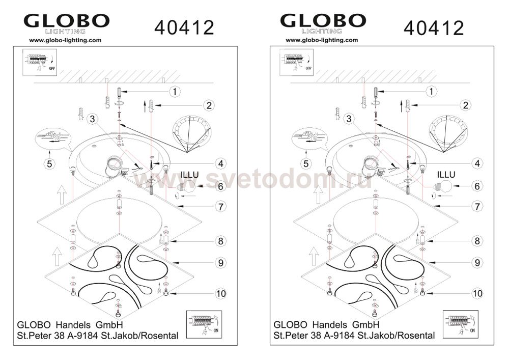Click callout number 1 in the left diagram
[175, 92]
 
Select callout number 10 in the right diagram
[477, 293]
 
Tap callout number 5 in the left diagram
[49, 163]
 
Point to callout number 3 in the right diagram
[349, 119]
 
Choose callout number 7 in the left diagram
[221, 206]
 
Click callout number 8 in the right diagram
[477, 241]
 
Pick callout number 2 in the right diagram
[466, 105]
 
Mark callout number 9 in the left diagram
[221, 263]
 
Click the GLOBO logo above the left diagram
[67, 23]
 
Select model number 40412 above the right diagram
[434, 27]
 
